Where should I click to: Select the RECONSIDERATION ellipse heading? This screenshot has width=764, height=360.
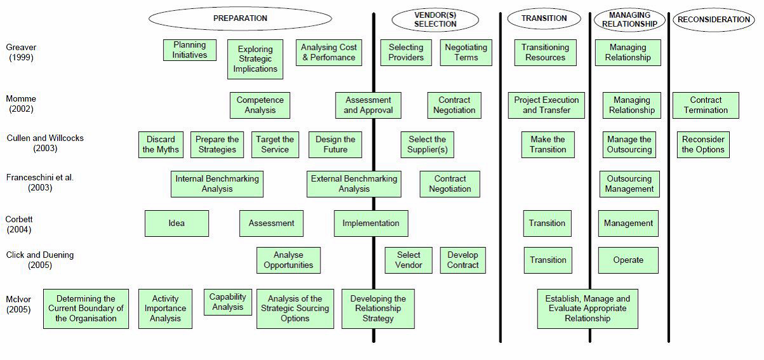click(713, 20)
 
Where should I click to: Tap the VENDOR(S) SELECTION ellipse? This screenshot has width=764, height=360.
click(435, 20)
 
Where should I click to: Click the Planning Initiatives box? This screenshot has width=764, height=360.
click(190, 50)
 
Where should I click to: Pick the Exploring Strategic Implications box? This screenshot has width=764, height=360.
click(255, 59)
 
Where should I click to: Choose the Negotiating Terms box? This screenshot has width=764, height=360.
click(466, 52)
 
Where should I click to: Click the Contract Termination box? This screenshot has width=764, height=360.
click(706, 105)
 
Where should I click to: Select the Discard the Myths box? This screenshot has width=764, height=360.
click(161, 144)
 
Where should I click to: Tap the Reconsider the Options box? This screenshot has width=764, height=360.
click(703, 144)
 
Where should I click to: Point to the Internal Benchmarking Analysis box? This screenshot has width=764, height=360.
click(217, 184)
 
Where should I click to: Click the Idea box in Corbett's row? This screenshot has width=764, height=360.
click(176, 223)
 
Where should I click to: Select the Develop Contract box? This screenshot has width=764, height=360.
click(463, 260)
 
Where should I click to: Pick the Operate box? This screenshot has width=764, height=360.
click(628, 260)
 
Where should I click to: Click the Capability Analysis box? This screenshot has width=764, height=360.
click(228, 302)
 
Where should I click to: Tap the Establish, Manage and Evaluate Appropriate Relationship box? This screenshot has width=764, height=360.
click(588, 309)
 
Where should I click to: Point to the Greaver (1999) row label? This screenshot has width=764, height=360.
click(21, 52)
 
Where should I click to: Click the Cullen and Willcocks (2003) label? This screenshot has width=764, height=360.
click(45, 143)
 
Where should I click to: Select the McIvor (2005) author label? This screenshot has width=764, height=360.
click(18, 304)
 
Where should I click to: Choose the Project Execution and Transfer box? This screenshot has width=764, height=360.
click(546, 105)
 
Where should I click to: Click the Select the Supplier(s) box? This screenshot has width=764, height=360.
click(427, 144)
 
